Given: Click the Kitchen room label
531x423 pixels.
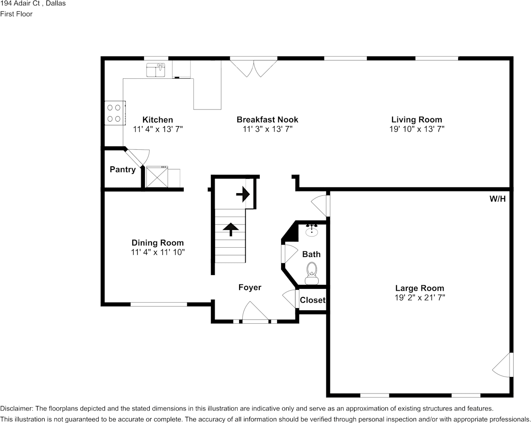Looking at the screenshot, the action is pyautogui.click(x=157, y=119).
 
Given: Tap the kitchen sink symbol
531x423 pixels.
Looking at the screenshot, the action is pyautogui.click(x=156, y=70).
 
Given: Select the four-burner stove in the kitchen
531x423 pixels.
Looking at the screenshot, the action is pyautogui.click(x=115, y=113).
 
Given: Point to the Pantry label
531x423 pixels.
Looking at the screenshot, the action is pyautogui.click(x=122, y=169).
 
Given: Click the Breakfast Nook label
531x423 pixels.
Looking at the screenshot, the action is pyautogui.click(x=267, y=119).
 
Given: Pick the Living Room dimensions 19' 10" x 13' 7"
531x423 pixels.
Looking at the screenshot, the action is pyautogui.click(x=417, y=129).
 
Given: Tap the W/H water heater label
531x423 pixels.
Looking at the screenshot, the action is pyautogui.click(x=497, y=199).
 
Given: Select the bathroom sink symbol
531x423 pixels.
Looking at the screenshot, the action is pyautogui.click(x=312, y=230).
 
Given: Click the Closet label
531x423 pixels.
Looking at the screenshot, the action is pyautogui.click(x=312, y=300).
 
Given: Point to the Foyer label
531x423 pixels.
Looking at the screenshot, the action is pyautogui.click(x=250, y=288).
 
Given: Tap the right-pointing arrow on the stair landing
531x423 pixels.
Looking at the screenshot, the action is pyautogui.click(x=243, y=195).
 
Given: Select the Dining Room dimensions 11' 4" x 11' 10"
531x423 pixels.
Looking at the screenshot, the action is pyautogui.click(x=158, y=252).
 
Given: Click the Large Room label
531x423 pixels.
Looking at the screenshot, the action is pyautogui.click(x=420, y=288).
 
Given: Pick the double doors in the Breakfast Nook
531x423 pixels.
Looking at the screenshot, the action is pyautogui.click(x=253, y=68).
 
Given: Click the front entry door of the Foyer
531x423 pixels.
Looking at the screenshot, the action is pyautogui.click(x=255, y=312).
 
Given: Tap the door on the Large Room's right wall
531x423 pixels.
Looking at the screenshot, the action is pyautogui.click(x=503, y=365).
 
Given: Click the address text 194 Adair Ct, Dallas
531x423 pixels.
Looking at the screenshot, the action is pyautogui.click(x=33, y=4).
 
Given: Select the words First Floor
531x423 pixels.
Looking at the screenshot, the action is pyautogui.click(x=16, y=14).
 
